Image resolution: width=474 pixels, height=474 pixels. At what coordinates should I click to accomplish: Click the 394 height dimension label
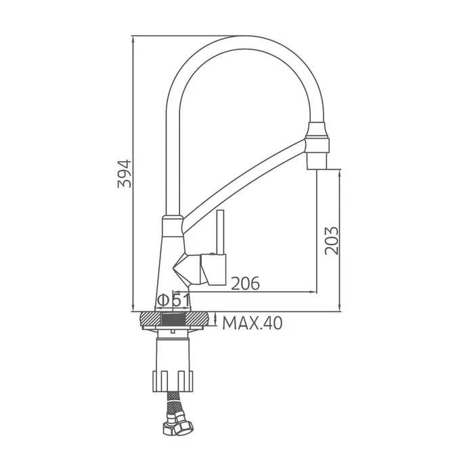125,174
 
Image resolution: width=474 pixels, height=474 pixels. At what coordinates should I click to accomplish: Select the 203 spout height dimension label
332,240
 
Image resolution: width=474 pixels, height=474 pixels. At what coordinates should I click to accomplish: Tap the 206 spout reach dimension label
245,283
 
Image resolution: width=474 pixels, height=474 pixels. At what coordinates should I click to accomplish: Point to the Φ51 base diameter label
174,301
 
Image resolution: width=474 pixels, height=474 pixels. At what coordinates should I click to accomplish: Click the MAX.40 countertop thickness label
253,323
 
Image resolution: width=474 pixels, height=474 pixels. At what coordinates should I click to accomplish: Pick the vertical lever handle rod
220,232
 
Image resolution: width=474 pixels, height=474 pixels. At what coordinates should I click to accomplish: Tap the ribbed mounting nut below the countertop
173,381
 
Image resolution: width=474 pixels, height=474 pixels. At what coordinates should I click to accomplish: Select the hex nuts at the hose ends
177,425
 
